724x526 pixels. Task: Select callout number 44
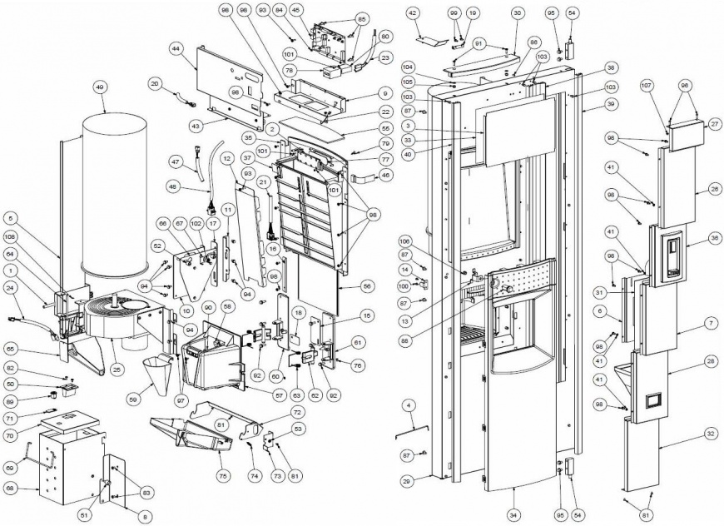click(x=176, y=49)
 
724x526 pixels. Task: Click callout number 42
click(x=413, y=13)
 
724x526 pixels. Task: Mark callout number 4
click(x=409, y=404)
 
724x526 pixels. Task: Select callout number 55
click(x=384, y=129)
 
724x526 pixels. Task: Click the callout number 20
click(x=154, y=82)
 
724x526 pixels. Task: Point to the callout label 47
click(x=175, y=160)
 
